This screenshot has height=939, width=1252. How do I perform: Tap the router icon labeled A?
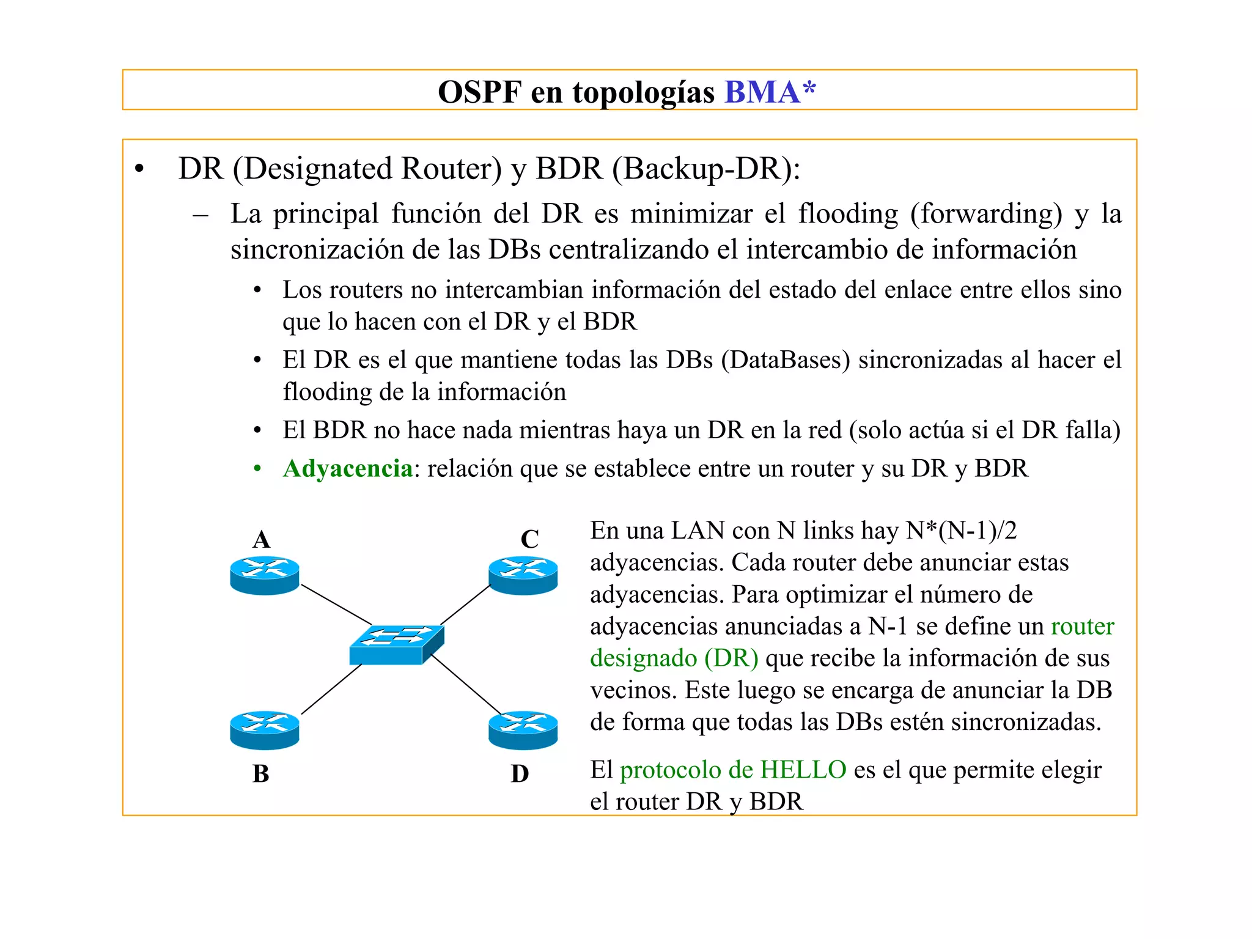[x=265, y=575]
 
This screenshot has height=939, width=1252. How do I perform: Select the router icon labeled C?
[x=523, y=575]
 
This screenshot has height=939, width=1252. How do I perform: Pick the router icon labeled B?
[x=265, y=729]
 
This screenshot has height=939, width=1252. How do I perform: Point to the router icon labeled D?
[x=523, y=729]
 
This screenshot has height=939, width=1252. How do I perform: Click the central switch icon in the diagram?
[x=396, y=645]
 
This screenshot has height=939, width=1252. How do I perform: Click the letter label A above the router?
[x=261, y=539]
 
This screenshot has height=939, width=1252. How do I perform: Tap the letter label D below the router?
[x=520, y=773]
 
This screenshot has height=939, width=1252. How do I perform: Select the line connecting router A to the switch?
[x=336, y=605]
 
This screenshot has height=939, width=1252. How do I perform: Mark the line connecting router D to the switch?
[x=466, y=685]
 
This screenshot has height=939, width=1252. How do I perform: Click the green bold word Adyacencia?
[x=347, y=468]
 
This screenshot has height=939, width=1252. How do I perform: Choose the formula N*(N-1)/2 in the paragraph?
[x=961, y=531]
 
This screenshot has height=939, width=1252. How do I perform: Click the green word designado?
[x=643, y=658]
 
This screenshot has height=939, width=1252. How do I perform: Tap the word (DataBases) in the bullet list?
[x=785, y=359]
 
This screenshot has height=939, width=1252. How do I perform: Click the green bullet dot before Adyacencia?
[x=257, y=469]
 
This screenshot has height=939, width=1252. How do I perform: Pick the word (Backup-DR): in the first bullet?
[x=706, y=169]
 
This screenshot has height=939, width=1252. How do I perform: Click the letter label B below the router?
[x=260, y=773]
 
